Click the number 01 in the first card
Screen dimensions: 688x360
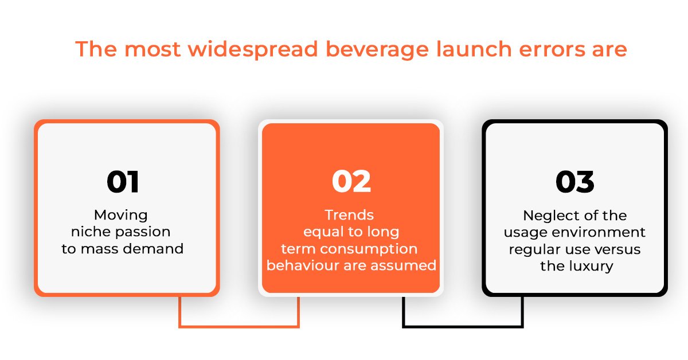click(123, 182)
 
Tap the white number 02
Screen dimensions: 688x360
click(351, 181)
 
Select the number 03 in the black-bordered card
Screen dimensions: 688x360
click(575, 182)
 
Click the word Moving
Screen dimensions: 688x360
click(121, 216)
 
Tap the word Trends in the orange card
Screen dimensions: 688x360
click(349, 215)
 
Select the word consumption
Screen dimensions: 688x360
click(369, 249)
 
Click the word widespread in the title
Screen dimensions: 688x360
click(253, 50)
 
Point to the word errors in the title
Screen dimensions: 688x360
click(552, 50)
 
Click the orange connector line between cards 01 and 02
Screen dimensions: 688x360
click(239, 327)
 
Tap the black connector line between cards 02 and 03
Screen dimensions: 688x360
click(463, 327)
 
